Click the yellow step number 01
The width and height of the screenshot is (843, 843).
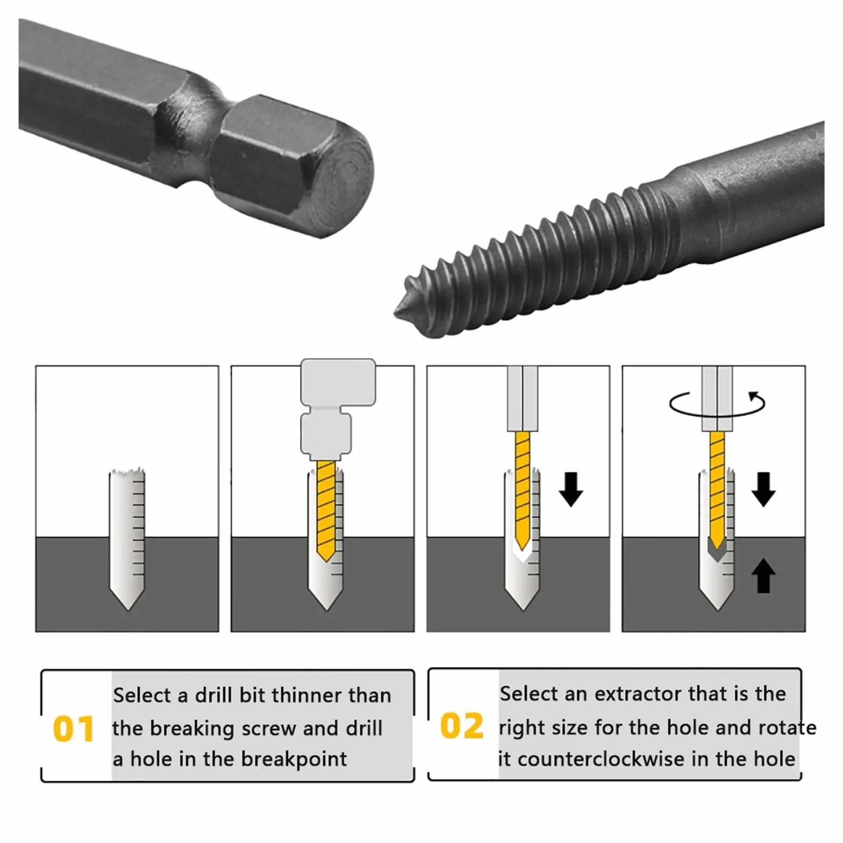[x=74, y=729]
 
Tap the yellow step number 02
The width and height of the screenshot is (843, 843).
[x=461, y=726]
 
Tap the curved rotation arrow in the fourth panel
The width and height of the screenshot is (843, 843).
[x=717, y=405]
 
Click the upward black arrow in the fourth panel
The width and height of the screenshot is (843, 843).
[x=763, y=575]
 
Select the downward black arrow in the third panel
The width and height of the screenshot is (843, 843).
[x=571, y=489]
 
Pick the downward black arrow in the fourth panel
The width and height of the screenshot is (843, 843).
[x=763, y=489]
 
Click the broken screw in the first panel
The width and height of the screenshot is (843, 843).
[x=127, y=539]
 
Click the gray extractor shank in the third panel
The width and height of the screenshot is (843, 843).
[x=523, y=398]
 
